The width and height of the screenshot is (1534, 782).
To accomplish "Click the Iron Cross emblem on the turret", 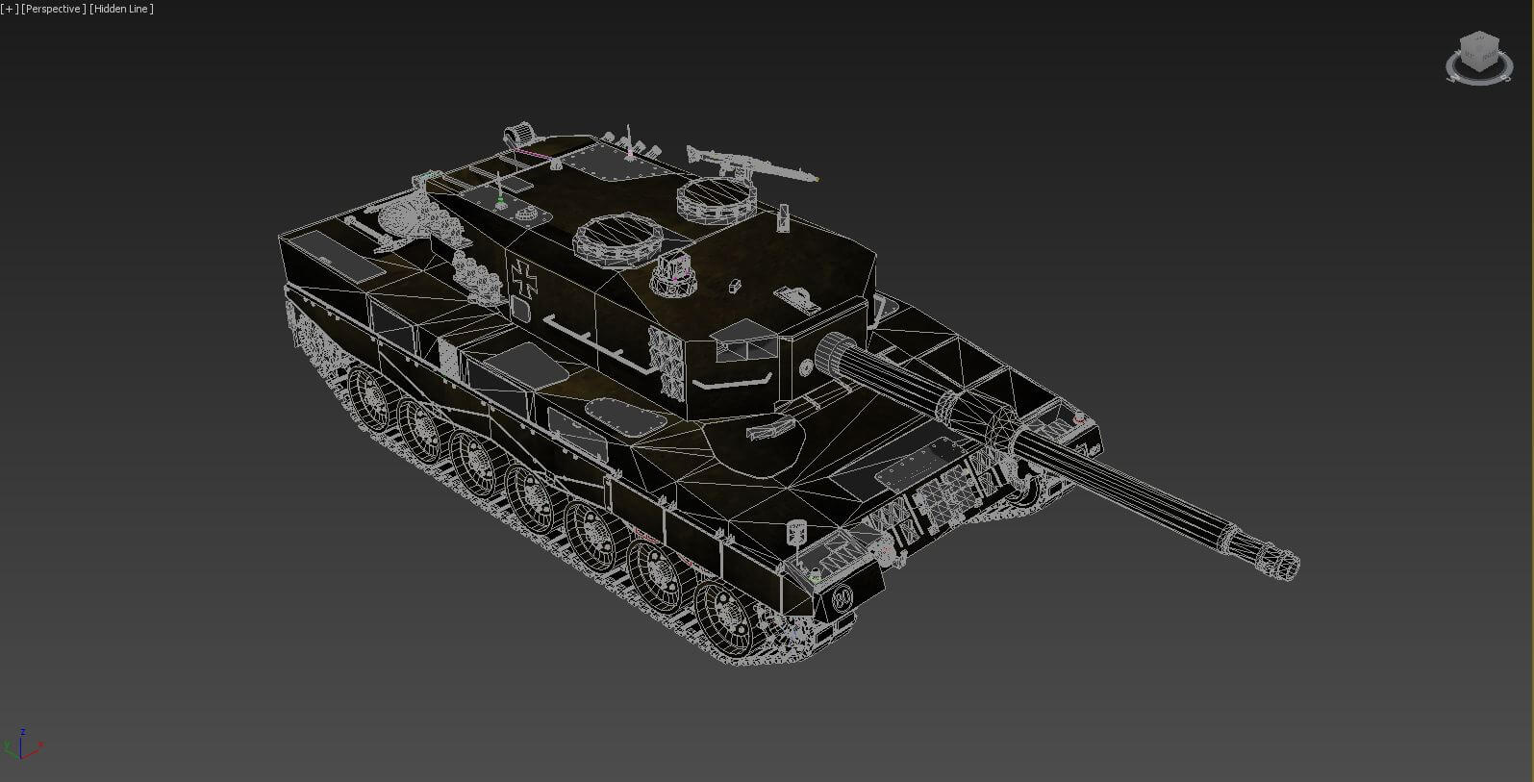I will point(524,277).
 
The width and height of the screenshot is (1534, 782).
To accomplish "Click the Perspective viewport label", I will point(54,9).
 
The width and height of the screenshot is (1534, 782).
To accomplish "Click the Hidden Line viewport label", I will point(121,9).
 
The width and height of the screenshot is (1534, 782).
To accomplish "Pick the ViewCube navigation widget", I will point(1478,57).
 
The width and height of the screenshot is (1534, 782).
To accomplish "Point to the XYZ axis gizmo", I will point(22,744).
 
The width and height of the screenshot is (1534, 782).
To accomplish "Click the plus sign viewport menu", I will point(9,9).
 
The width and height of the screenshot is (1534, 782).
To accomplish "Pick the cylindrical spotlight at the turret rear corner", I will point(519,133).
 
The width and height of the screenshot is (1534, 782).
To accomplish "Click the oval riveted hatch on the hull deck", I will point(626,416).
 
